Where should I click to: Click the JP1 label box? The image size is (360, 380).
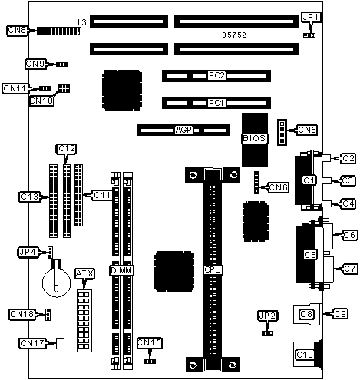click(311, 18)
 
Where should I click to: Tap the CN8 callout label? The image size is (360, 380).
click(17, 31)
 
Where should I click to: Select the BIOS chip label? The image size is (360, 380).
click(254, 138)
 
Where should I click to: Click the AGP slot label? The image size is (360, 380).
click(183, 130)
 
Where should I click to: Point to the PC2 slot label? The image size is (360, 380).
click(216, 76)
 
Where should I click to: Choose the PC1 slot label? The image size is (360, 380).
click(216, 103)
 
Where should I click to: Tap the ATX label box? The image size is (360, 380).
click(84, 274)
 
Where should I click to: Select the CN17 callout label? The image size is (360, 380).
click(32, 343)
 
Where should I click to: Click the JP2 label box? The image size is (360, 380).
click(267, 316)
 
